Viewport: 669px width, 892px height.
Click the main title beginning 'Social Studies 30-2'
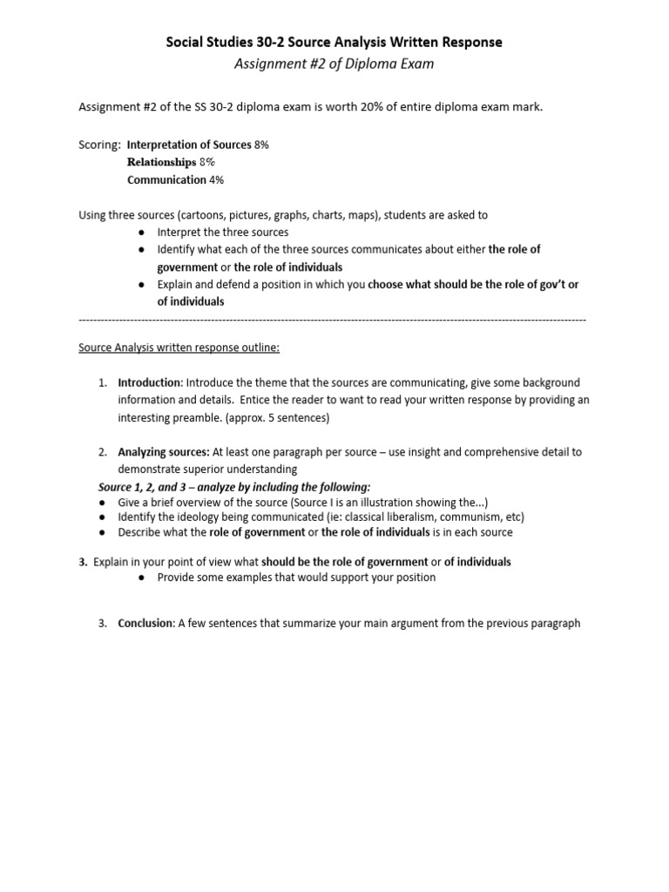click(x=334, y=42)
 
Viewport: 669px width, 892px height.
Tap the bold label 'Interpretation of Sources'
click(x=189, y=145)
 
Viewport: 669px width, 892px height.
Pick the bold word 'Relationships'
click(x=162, y=162)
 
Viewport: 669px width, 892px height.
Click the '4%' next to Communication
click(x=215, y=179)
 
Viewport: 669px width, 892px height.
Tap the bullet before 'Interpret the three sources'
click(x=142, y=232)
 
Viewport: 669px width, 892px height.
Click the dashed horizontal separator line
click(x=334, y=320)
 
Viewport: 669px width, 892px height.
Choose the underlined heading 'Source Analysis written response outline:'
click(x=179, y=348)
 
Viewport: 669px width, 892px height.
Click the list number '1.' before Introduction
click(x=102, y=382)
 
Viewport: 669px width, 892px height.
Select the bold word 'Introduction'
click(x=149, y=382)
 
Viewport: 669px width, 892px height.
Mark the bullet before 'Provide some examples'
click(x=142, y=578)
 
